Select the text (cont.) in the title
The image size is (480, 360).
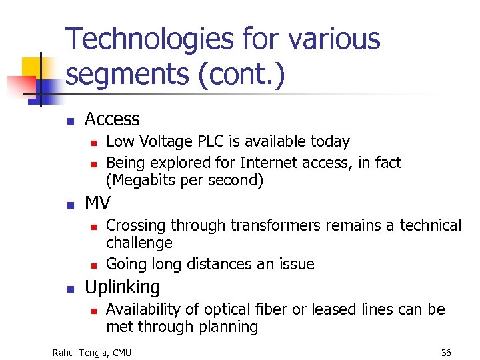pyautogui.click(x=241, y=75)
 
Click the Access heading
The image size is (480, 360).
pyautogui.click(x=112, y=119)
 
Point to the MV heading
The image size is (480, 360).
pyautogui.click(x=98, y=203)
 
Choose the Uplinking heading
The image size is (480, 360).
pyautogui.click(x=123, y=287)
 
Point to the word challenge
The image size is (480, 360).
pyautogui.click(x=139, y=243)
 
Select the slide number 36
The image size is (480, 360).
pyautogui.click(x=446, y=352)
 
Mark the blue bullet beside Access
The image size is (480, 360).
pyautogui.click(x=70, y=121)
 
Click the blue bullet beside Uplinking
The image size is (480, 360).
pyautogui.click(x=70, y=289)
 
